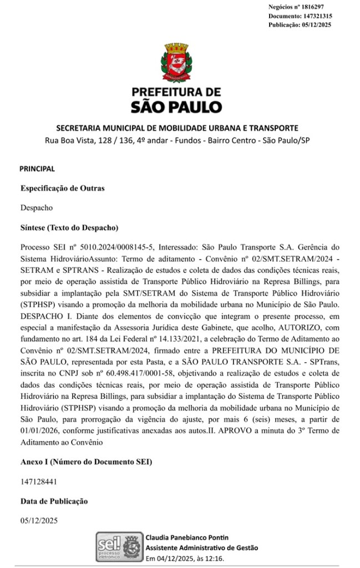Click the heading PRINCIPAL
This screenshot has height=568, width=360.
[37, 168]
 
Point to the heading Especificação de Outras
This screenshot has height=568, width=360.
[63, 188]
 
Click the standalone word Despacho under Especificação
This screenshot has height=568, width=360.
[37, 208]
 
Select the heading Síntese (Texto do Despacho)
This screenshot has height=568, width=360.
[69, 227]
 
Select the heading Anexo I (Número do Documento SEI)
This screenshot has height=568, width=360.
[86, 461]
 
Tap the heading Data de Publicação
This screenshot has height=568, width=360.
[54, 501]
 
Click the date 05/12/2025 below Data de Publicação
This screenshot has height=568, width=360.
[39, 521]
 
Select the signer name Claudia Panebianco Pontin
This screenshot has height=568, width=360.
[186, 537]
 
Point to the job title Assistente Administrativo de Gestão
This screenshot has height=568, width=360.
[201, 547]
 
